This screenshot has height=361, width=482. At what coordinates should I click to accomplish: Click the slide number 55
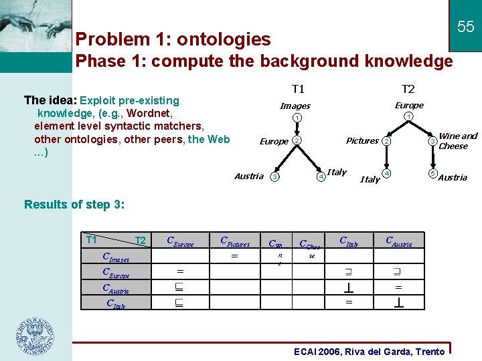(465, 27)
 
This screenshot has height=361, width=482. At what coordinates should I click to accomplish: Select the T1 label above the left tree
(298, 89)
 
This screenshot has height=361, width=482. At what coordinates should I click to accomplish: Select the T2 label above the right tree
(408, 89)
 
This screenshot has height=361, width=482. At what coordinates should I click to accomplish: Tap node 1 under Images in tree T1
(295, 118)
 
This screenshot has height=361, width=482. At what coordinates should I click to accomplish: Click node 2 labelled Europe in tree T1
(297, 141)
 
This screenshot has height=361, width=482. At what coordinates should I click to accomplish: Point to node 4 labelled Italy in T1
(321, 176)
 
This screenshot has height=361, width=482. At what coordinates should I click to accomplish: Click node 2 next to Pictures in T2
(386, 141)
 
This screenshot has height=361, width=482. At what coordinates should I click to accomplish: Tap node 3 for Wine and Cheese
(433, 141)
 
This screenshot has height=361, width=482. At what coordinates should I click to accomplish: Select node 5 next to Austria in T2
(432, 174)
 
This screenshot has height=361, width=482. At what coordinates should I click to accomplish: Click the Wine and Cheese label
(457, 141)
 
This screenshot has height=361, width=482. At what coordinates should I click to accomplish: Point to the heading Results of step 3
(74, 204)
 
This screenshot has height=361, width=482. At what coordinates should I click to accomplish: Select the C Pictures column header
(235, 243)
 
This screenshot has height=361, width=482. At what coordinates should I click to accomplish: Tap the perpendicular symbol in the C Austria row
(349, 287)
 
